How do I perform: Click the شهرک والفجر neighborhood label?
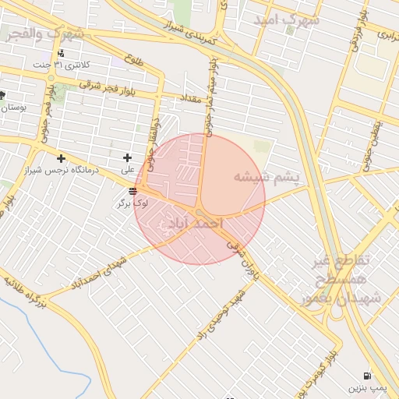[x=44, y=34]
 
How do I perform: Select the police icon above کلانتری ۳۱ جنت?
[x=60, y=53]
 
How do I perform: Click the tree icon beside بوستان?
[x=3, y=95]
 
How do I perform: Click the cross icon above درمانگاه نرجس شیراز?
[x=60, y=159]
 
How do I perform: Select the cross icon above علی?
[x=127, y=157]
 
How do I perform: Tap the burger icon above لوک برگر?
[x=133, y=191]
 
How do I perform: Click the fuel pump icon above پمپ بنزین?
[x=366, y=375]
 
